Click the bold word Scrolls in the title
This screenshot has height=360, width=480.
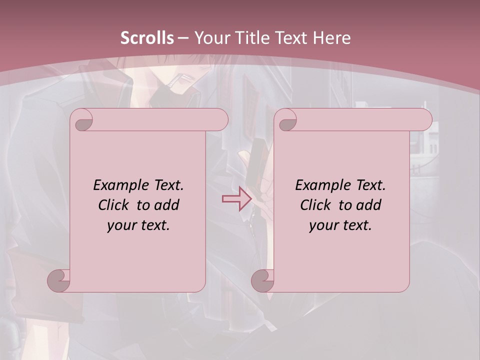[147, 38]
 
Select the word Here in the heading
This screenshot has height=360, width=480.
[331, 38]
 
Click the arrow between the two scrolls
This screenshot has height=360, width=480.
[236, 199]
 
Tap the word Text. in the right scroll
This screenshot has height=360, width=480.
[370, 185]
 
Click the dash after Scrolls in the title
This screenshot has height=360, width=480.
[183, 38]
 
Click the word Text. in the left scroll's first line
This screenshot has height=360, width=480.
[168, 185]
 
